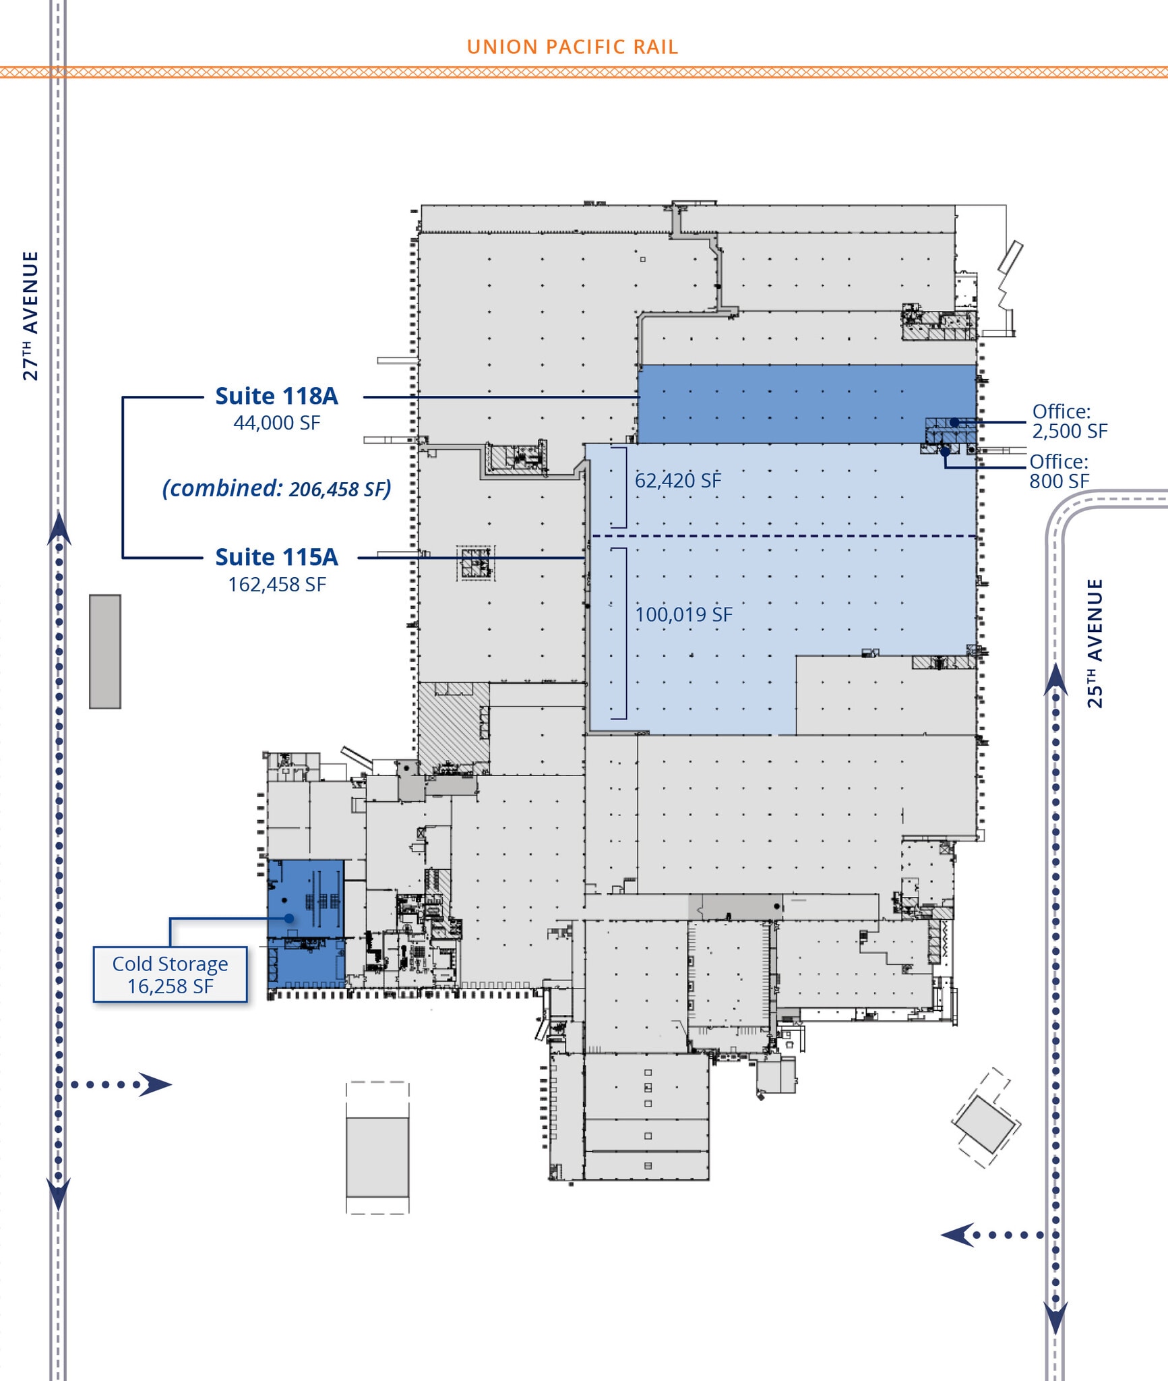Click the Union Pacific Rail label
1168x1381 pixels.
click(x=572, y=47)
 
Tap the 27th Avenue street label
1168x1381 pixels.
click(x=30, y=316)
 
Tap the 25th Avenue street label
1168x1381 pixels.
click(x=1095, y=643)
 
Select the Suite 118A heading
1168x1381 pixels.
click(x=276, y=396)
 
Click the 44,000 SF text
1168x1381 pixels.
click(x=276, y=423)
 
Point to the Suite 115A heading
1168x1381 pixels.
click(x=276, y=557)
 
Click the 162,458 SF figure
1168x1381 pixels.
click(x=276, y=584)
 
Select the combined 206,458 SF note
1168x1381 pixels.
click(x=276, y=488)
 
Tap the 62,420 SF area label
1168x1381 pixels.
click(x=677, y=481)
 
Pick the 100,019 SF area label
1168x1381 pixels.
click(x=683, y=614)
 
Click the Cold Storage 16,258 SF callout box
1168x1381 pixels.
click(x=171, y=974)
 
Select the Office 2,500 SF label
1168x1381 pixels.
click(x=1069, y=421)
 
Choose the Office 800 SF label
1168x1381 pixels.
click(x=1059, y=471)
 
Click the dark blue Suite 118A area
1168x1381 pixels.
click(x=775, y=403)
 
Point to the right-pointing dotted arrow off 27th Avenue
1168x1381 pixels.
click(x=121, y=1084)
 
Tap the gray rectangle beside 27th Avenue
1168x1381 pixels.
click(x=105, y=651)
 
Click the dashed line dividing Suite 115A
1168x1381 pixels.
click(x=782, y=536)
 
